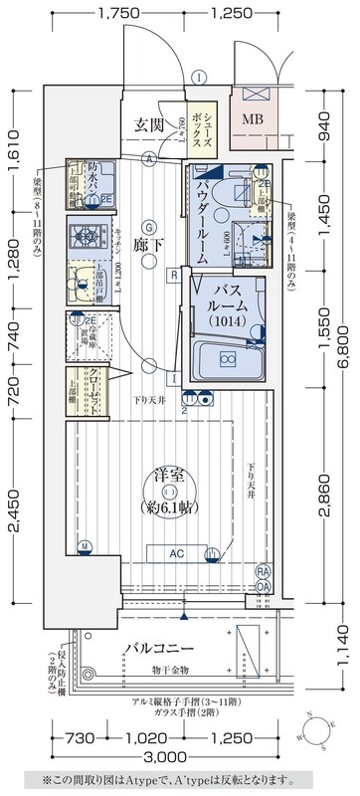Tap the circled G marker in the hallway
(146, 224)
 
